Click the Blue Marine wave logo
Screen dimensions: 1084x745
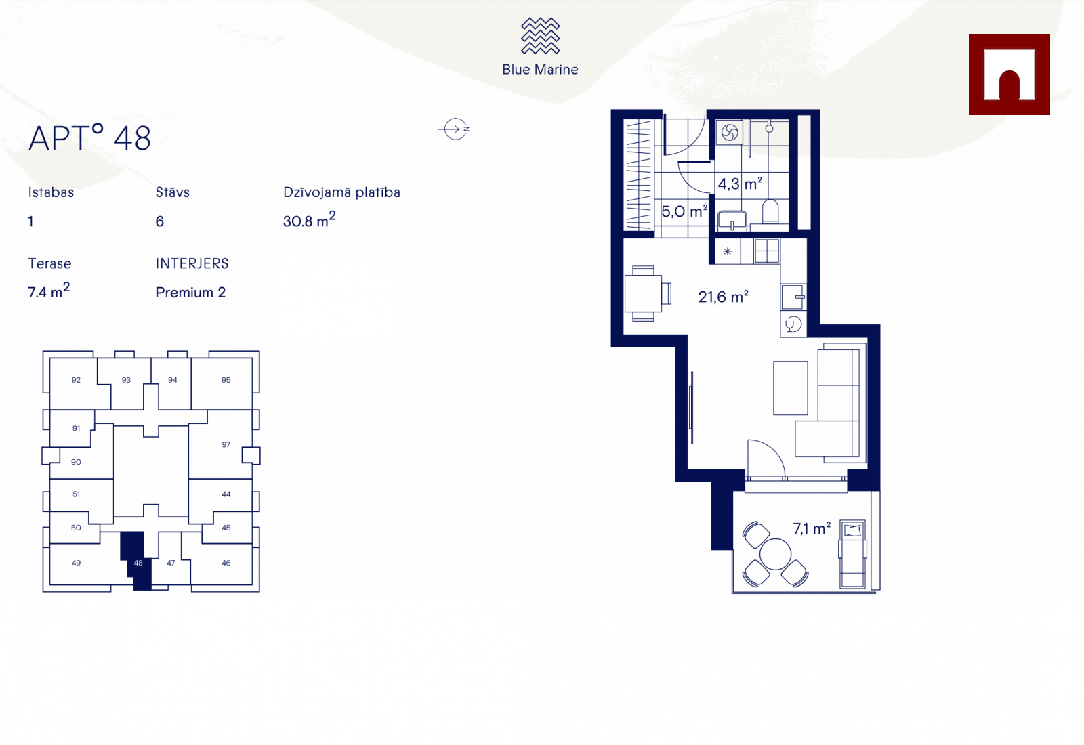pyautogui.click(x=540, y=36)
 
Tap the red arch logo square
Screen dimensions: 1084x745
pyautogui.click(x=1009, y=74)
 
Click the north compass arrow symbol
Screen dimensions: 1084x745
pyautogui.click(x=455, y=129)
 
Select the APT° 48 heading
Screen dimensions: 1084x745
pyautogui.click(x=90, y=138)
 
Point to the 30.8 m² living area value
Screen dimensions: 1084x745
pyautogui.click(x=309, y=219)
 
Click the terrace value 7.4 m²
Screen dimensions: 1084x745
pyautogui.click(x=49, y=291)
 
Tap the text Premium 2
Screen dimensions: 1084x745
pyautogui.click(x=190, y=292)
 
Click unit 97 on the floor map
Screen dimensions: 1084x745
pyautogui.click(x=226, y=444)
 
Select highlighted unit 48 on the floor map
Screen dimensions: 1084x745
pyautogui.click(x=138, y=563)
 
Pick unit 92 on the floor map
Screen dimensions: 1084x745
pyautogui.click(x=76, y=380)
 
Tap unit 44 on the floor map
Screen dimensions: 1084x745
pyautogui.click(x=226, y=494)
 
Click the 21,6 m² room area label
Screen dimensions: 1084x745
pyautogui.click(x=724, y=297)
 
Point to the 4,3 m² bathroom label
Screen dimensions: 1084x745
pyautogui.click(x=740, y=184)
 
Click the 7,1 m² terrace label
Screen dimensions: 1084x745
pyautogui.click(x=812, y=528)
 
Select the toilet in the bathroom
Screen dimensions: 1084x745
pyautogui.click(x=770, y=212)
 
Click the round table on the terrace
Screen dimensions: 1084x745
pyautogui.click(x=775, y=555)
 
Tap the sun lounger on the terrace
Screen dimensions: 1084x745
pyautogui.click(x=853, y=554)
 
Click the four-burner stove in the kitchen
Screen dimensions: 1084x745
pyautogui.click(x=766, y=251)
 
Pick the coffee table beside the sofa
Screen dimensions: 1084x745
pyautogui.click(x=790, y=388)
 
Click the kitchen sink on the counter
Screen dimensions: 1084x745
pyautogui.click(x=793, y=297)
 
